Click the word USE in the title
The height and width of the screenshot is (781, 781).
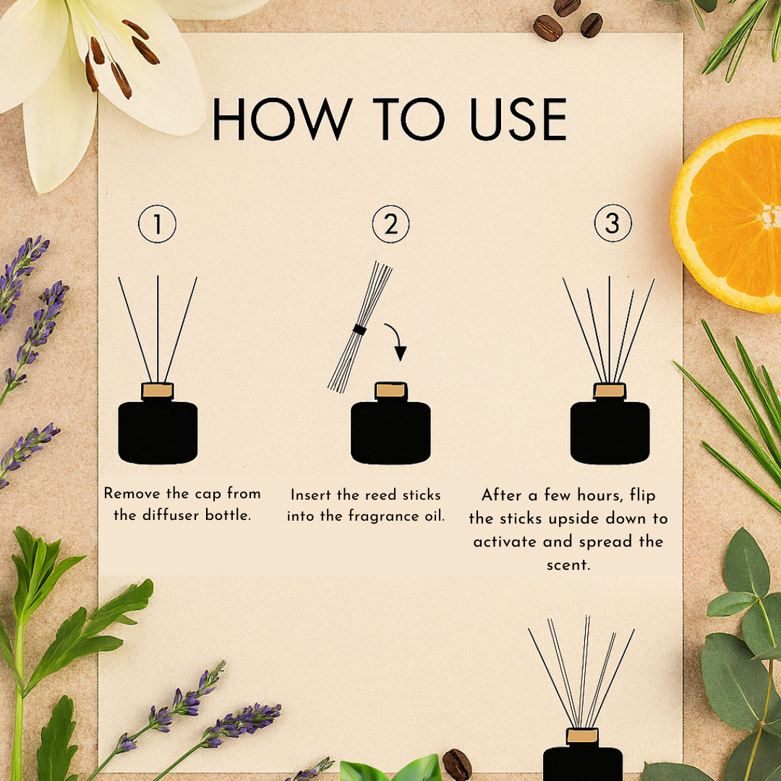tap(518, 119)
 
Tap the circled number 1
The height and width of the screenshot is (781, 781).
tap(158, 224)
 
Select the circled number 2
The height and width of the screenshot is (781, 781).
tap(391, 224)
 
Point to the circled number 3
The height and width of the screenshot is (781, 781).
tap(613, 223)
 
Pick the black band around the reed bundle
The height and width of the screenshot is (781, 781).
tap(359, 329)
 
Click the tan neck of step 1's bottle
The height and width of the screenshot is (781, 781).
tap(158, 390)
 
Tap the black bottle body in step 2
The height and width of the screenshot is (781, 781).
tap(390, 432)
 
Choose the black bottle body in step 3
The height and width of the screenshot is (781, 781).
tap(610, 432)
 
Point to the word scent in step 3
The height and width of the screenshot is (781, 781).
tap(568, 565)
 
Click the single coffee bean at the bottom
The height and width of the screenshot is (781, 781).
tap(457, 764)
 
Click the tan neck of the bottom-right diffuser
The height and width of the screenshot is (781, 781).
tap(582, 735)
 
